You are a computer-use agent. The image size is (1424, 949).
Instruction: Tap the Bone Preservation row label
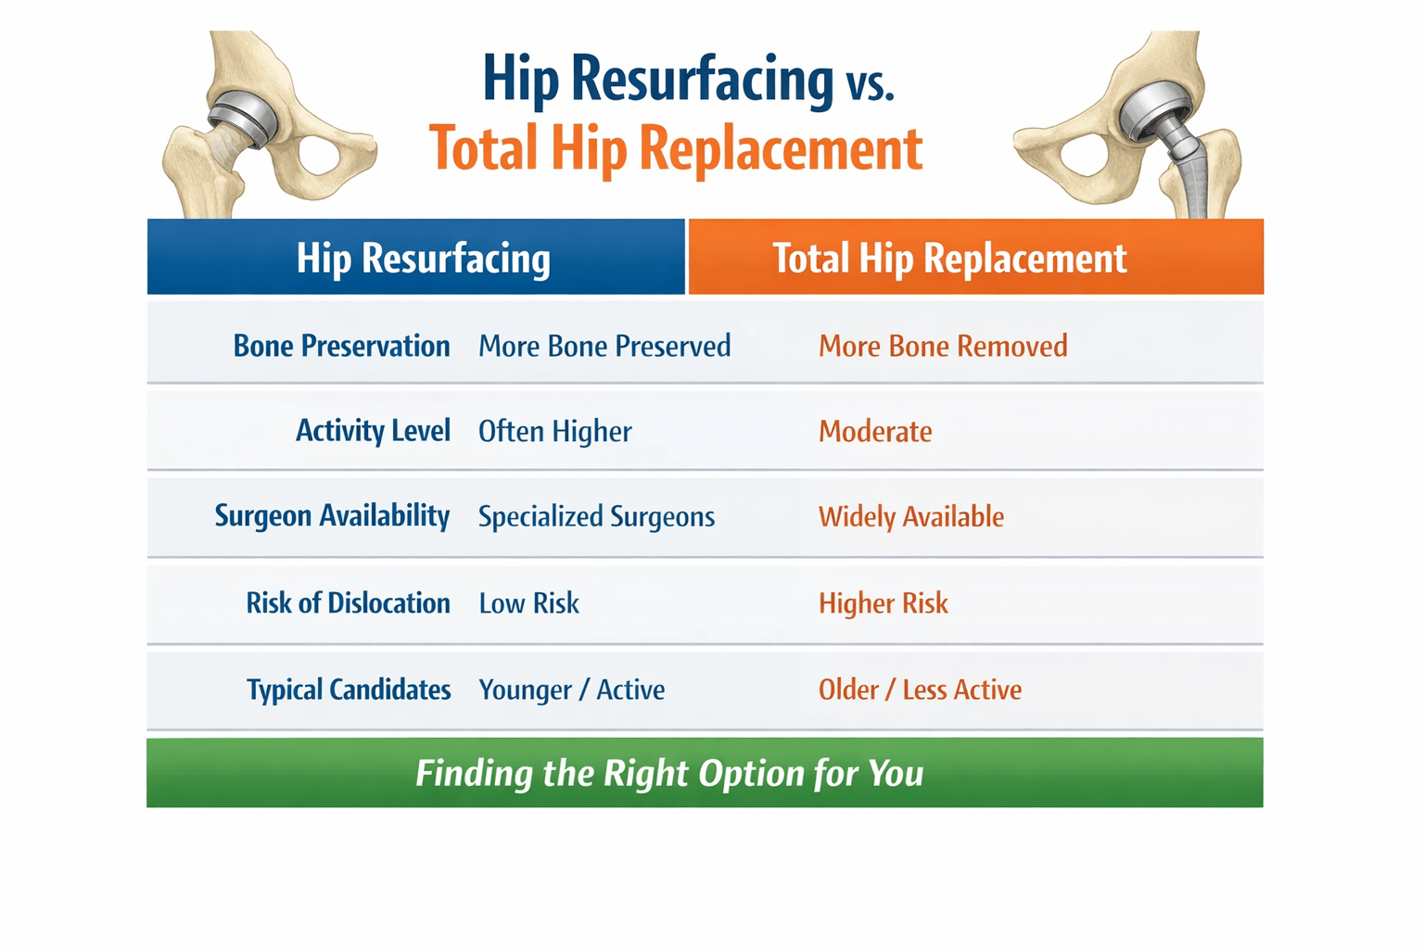point(341,346)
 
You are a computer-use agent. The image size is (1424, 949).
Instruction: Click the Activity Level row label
point(373,431)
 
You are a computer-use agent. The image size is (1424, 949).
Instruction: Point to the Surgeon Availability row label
point(332,516)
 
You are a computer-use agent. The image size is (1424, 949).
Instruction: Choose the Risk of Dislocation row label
point(348,603)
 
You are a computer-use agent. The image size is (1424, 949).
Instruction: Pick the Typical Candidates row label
point(349,690)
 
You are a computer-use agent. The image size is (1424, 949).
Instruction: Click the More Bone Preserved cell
point(604,346)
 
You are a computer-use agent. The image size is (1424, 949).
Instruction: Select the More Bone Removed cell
point(943,346)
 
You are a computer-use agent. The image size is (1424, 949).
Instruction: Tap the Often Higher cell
point(554,431)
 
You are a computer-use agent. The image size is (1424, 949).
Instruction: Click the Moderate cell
point(875,431)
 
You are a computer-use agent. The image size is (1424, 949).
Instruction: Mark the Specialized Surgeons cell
point(596,516)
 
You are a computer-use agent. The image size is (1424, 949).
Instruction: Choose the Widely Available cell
point(910,516)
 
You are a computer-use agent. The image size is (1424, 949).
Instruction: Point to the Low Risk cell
point(528,603)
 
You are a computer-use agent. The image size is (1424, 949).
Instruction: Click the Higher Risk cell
point(883,603)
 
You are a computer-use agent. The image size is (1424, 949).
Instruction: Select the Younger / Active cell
point(571,690)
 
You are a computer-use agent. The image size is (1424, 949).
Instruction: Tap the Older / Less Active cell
point(920,690)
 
